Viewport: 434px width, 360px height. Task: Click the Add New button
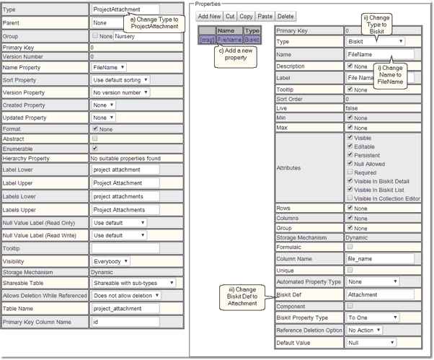(208, 16)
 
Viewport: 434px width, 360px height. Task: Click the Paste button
(265, 16)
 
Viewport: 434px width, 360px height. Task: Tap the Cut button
(229, 16)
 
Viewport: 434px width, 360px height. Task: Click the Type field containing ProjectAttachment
(125, 10)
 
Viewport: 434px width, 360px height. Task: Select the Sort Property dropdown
(120, 79)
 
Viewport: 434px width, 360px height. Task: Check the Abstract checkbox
(95, 138)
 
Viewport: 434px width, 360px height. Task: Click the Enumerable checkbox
(95, 148)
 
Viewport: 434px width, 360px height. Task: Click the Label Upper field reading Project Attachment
(125, 183)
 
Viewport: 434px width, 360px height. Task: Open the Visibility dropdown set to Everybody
(111, 261)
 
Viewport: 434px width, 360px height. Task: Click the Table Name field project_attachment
(125, 308)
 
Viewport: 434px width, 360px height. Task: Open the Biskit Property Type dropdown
(372, 317)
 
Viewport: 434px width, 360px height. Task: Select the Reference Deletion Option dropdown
(372, 330)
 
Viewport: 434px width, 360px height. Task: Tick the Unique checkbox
(350, 270)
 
